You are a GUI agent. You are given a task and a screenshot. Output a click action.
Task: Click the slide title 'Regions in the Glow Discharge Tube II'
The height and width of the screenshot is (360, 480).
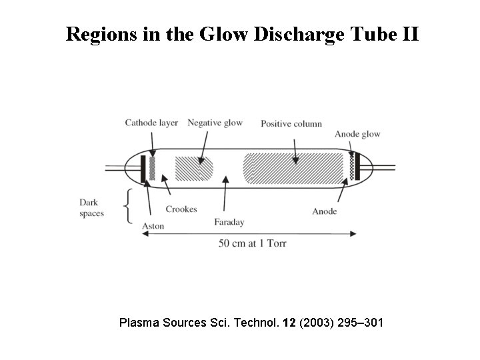point(242,34)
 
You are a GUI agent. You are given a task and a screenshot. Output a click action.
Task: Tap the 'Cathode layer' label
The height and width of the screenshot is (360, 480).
point(151,123)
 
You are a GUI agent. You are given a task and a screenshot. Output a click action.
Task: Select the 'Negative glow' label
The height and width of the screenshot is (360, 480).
point(215,123)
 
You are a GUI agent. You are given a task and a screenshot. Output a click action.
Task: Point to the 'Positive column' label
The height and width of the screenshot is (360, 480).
point(291,123)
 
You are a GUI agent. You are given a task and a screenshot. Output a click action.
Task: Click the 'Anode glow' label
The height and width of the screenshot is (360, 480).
point(357,134)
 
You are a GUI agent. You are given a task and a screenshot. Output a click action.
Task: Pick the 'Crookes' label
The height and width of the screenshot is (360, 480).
point(181,209)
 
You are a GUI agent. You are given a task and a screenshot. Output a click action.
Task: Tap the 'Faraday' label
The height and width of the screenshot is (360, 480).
point(228,222)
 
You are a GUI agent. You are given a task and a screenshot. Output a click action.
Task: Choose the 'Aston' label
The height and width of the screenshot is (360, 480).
point(153,226)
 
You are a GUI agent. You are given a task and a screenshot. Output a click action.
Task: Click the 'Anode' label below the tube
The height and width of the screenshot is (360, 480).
point(324,211)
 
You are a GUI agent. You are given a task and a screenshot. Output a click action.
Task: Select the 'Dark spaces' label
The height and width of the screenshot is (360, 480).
point(92,207)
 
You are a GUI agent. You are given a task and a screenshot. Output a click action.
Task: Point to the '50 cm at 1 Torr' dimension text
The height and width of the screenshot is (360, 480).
point(252,243)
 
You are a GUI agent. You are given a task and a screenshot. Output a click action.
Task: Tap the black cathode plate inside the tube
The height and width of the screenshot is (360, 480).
point(143,167)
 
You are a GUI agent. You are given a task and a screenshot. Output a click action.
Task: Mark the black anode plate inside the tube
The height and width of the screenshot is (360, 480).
point(357,167)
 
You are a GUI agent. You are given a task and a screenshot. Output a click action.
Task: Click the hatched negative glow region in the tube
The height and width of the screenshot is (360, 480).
point(193,167)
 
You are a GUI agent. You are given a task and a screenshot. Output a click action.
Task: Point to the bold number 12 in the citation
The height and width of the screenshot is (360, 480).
point(289,323)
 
